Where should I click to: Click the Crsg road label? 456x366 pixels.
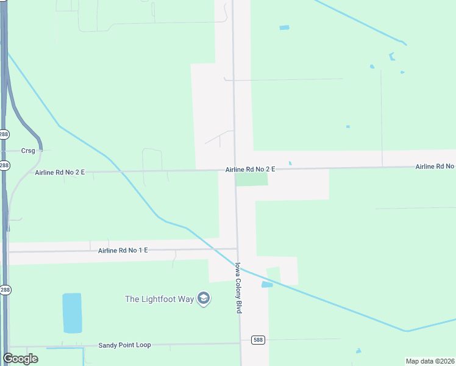click(28, 151)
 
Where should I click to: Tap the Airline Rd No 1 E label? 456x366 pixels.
click(123, 251)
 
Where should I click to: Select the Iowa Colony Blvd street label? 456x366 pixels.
click(239, 289)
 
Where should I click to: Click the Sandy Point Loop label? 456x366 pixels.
click(124, 345)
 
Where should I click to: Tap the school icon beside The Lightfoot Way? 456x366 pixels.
click(204, 299)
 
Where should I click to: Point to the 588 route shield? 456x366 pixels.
click(258, 340)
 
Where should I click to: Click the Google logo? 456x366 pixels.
click(20, 359)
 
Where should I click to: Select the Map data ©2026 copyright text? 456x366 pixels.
click(430, 361)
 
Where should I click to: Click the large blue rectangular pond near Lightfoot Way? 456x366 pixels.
click(72, 313)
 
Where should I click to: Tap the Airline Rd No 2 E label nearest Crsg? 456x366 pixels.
click(60, 173)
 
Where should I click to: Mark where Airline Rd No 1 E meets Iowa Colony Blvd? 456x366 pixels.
click(237, 249)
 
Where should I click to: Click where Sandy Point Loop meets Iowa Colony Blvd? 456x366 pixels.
click(240, 343)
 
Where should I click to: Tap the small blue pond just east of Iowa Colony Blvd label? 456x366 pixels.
click(267, 285)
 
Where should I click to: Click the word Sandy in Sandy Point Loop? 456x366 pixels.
click(109, 345)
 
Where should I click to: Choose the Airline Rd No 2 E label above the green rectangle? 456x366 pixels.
click(250, 169)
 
